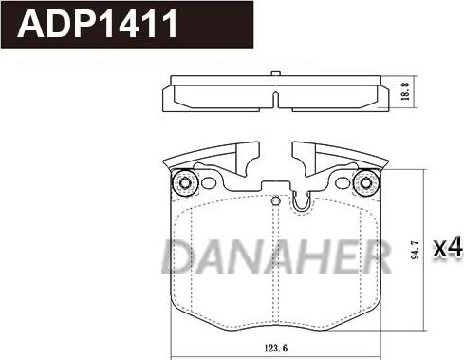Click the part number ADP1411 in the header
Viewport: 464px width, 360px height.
click(x=98, y=24)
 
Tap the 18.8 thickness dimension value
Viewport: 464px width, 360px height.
click(x=405, y=92)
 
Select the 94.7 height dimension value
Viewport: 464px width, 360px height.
click(x=415, y=250)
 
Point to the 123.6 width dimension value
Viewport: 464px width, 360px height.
click(x=276, y=349)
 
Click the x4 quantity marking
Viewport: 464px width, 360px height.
click(x=448, y=248)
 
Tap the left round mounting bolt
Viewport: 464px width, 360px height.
click(x=184, y=183)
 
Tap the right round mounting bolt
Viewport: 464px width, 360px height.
click(x=366, y=183)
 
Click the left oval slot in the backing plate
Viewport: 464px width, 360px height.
click(x=208, y=182)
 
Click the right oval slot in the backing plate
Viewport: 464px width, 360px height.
click(x=342, y=182)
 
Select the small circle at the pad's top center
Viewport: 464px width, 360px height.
click(x=276, y=200)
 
